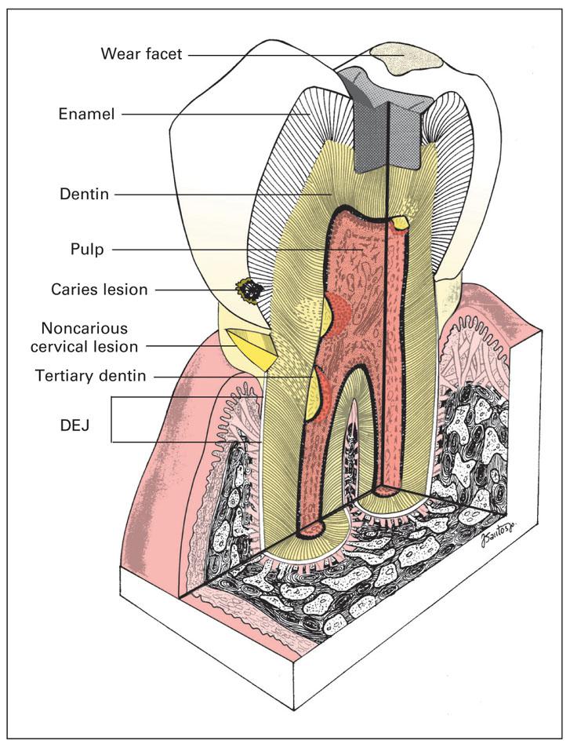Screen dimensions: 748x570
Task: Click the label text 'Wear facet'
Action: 141,55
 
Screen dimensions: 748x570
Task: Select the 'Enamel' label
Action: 86,114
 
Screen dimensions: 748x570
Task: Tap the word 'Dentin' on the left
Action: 82,192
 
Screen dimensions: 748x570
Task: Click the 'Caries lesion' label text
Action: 103,290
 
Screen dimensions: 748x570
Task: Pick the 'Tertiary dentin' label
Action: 90,376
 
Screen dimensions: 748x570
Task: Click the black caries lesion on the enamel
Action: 251,292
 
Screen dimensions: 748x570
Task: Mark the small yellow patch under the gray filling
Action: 401,223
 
